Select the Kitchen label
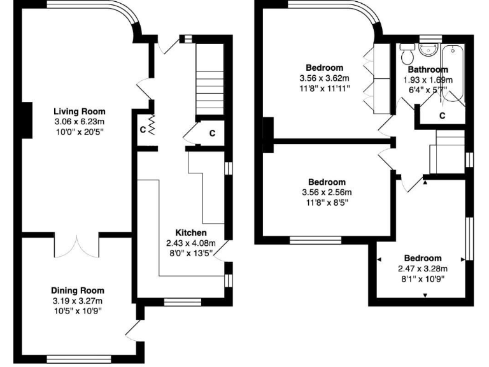tap(191, 233)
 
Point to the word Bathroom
tap(428, 69)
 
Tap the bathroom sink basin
tap(428, 49)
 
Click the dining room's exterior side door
tap(134, 329)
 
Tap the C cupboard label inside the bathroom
tap(443, 115)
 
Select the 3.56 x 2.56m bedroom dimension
tap(325, 192)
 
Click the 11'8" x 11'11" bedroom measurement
tap(325, 89)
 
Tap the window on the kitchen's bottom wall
tap(182, 301)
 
